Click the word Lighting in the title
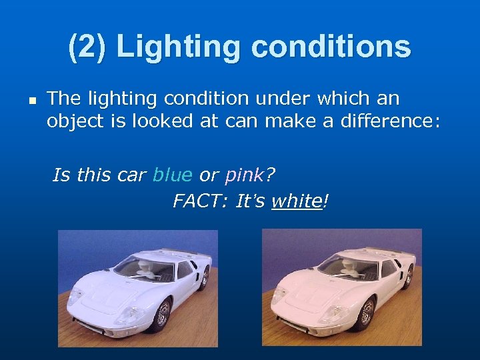tap(168, 47)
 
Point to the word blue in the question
tap(172, 175)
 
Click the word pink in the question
tap(244, 175)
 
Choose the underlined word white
tap(296, 201)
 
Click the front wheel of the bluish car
tap(161, 315)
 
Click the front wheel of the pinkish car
tap(364, 315)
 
